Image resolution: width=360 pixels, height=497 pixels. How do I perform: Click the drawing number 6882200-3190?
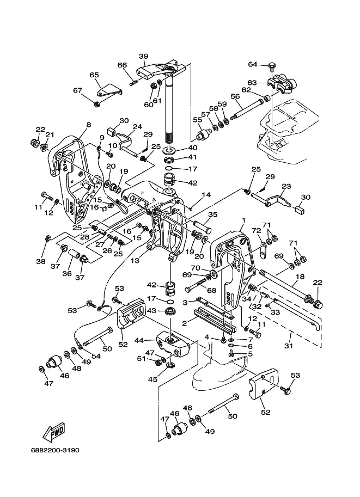pyautogui.click(x=55, y=450)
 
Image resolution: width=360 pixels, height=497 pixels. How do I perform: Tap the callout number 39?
pyautogui.click(x=144, y=57)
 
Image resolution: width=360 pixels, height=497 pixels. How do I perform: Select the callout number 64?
pyautogui.click(x=253, y=64)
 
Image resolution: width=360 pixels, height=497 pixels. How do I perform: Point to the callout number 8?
pyautogui.click(x=88, y=125)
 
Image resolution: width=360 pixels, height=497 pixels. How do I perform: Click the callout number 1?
pyautogui.click(x=243, y=220)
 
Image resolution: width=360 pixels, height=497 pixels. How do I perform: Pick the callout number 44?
pyautogui.click(x=139, y=340)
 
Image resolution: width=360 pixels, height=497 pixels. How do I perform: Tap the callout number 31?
pyautogui.click(x=288, y=346)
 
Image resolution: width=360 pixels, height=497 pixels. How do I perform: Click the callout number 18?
pyautogui.click(x=300, y=277)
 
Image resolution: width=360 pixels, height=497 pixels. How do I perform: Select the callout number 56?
pyautogui.click(x=235, y=96)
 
